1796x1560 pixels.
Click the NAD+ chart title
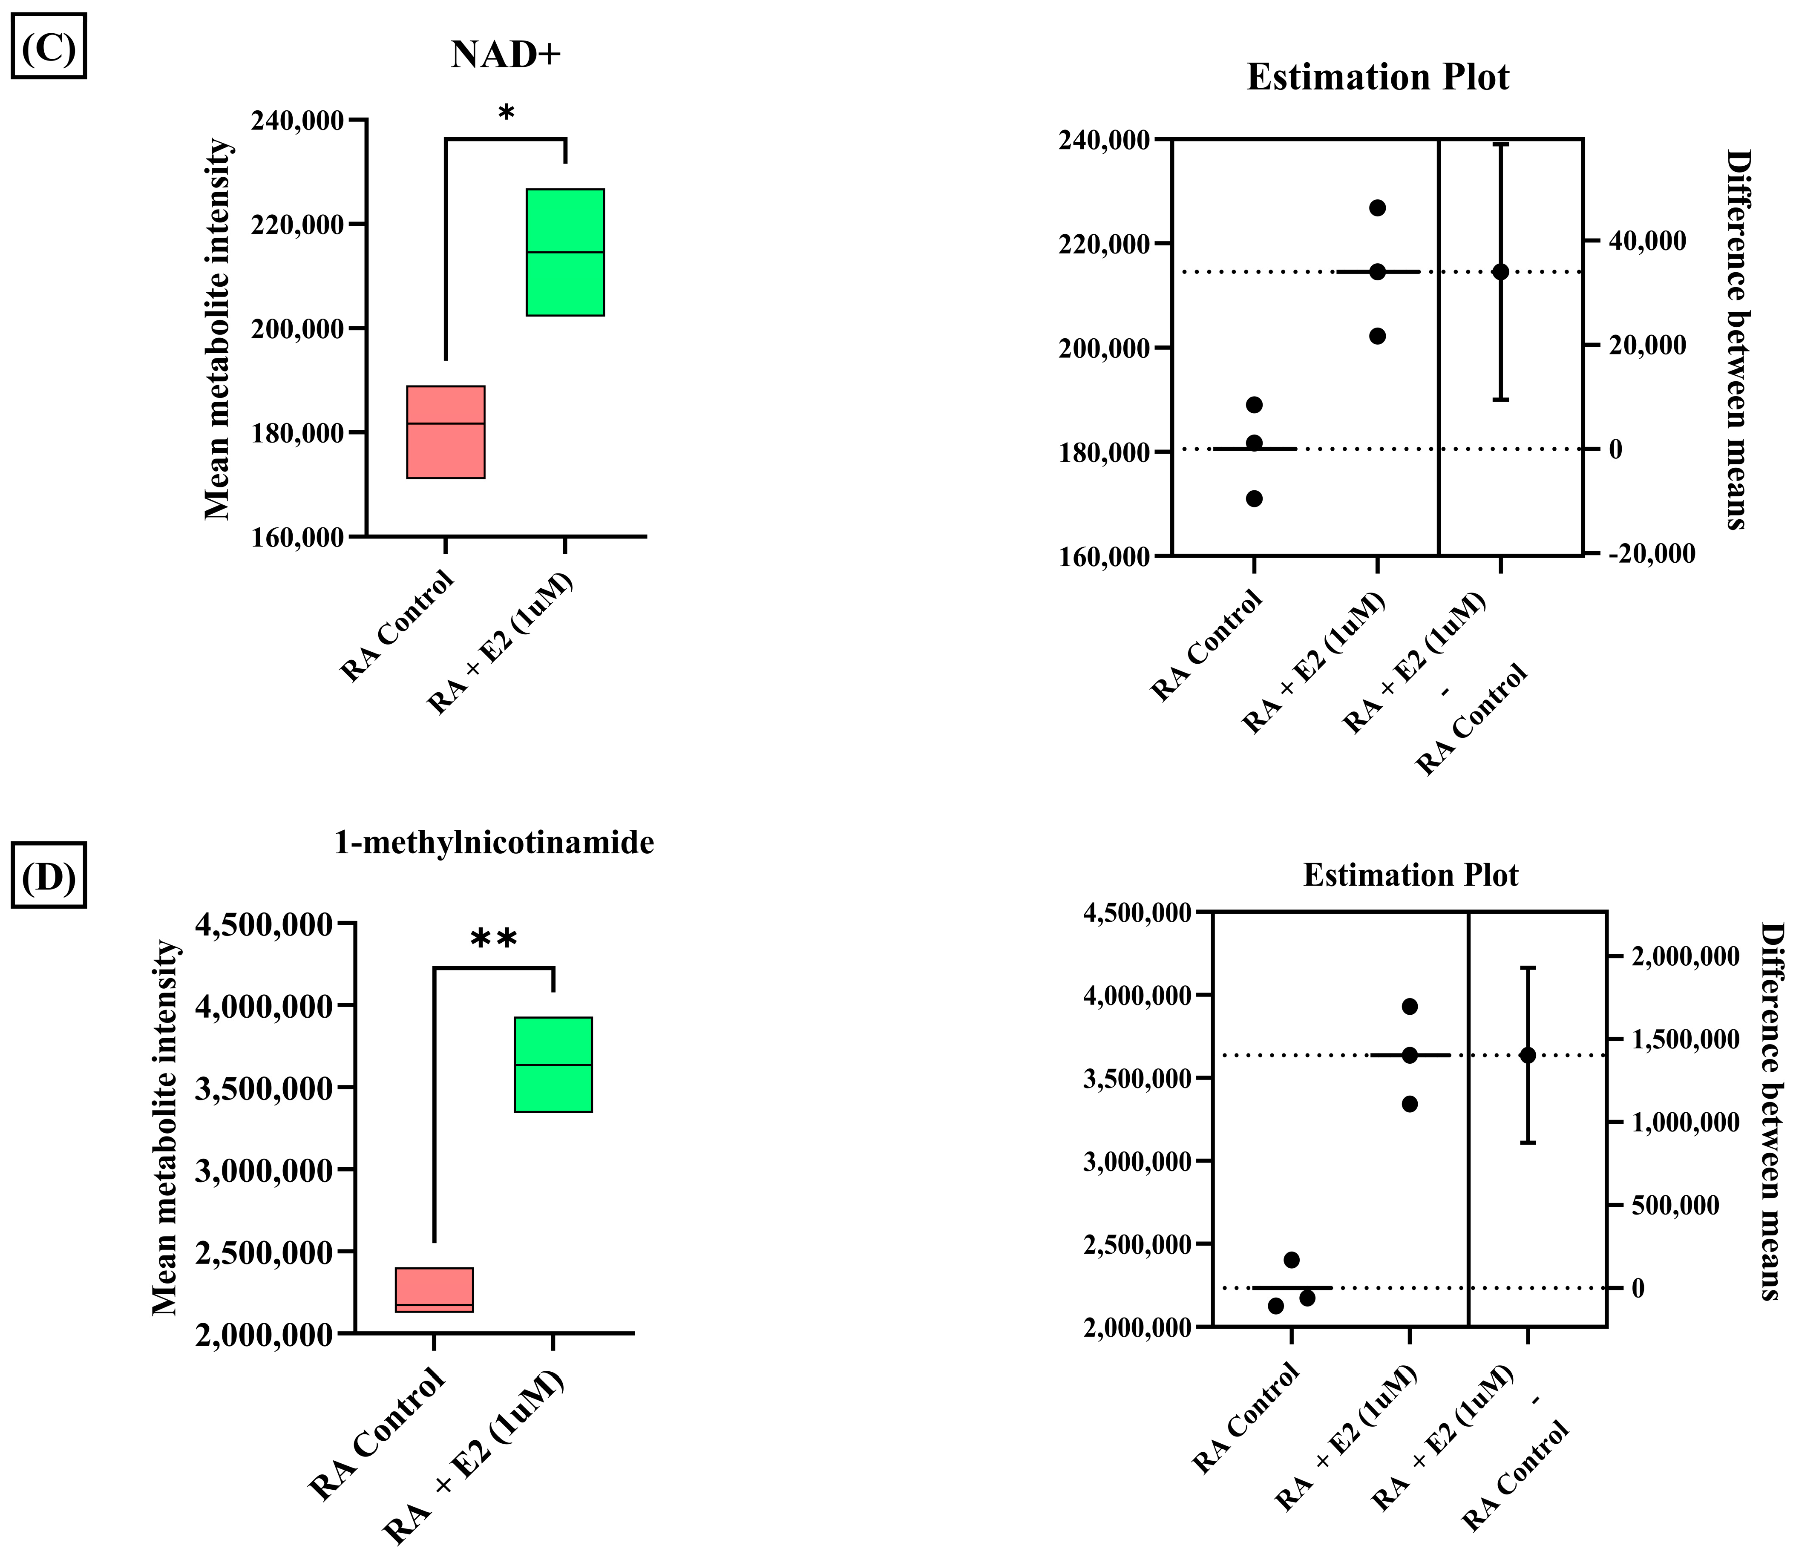[x=506, y=56]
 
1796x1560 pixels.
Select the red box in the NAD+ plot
[x=446, y=432]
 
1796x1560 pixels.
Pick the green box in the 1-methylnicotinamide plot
[x=553, y=1064]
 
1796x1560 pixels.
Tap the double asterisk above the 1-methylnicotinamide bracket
[x=494, y=940]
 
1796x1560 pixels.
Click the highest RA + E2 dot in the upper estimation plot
[x=1377, y=208]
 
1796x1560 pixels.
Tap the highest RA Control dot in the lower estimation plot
[x=1292, y=1260]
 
